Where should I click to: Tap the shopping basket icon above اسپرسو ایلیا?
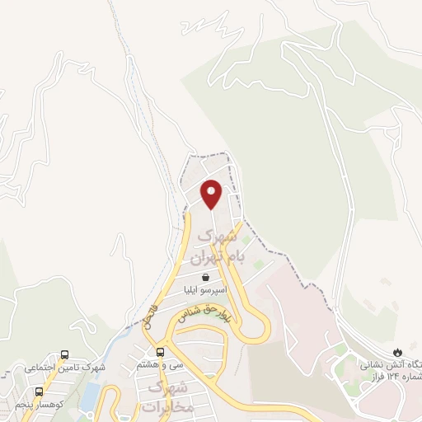point(204,277)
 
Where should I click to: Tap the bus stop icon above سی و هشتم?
point(160,352)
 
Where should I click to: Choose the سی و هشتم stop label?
point(160,364)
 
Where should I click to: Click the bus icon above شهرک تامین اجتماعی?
point(62,354)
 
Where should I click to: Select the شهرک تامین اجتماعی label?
point(57,367)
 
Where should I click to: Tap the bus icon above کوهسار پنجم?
point(40,392)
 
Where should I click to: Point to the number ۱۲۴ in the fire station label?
point(394,377)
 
